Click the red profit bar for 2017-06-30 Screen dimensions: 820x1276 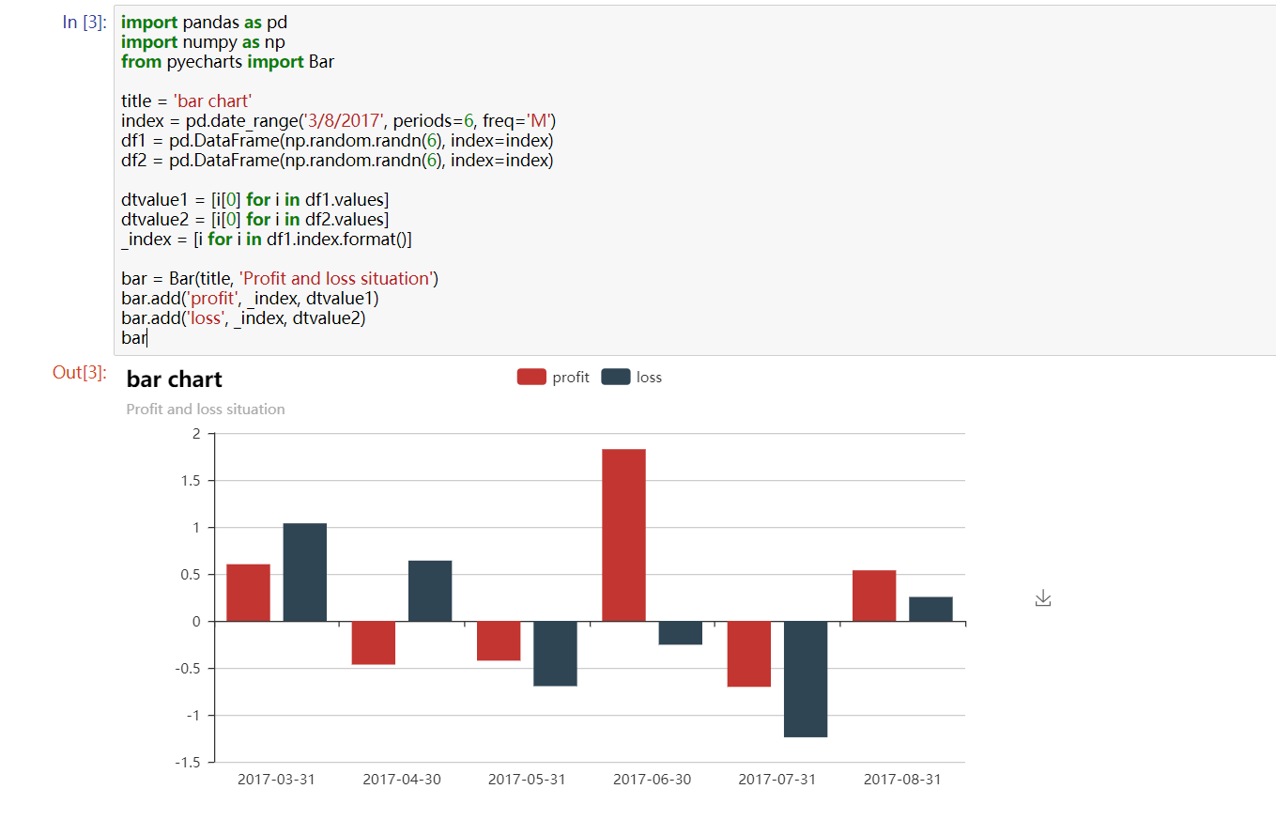click(623, 535)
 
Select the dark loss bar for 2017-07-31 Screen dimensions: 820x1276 click(806, 679)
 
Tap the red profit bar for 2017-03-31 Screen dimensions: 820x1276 click(248, 593)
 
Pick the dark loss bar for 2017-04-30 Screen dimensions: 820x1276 click(430, 591)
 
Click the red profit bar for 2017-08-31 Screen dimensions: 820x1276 click(874, 596)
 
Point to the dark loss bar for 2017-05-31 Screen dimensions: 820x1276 click(555, 654)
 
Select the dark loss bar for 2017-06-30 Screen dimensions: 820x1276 click(680, 633)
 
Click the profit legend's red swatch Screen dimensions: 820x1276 click(530, 378)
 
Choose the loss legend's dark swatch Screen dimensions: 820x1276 click(615, 378)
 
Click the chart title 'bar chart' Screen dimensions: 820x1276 click(174, 379)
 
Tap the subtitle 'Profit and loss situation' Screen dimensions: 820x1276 click(206, 410)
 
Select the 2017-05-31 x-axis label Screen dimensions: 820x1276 click(527, 780)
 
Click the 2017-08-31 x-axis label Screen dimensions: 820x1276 click(902, 780)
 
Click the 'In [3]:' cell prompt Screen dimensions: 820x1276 click(85, 23)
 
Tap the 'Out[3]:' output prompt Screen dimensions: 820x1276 click(80, 373)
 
